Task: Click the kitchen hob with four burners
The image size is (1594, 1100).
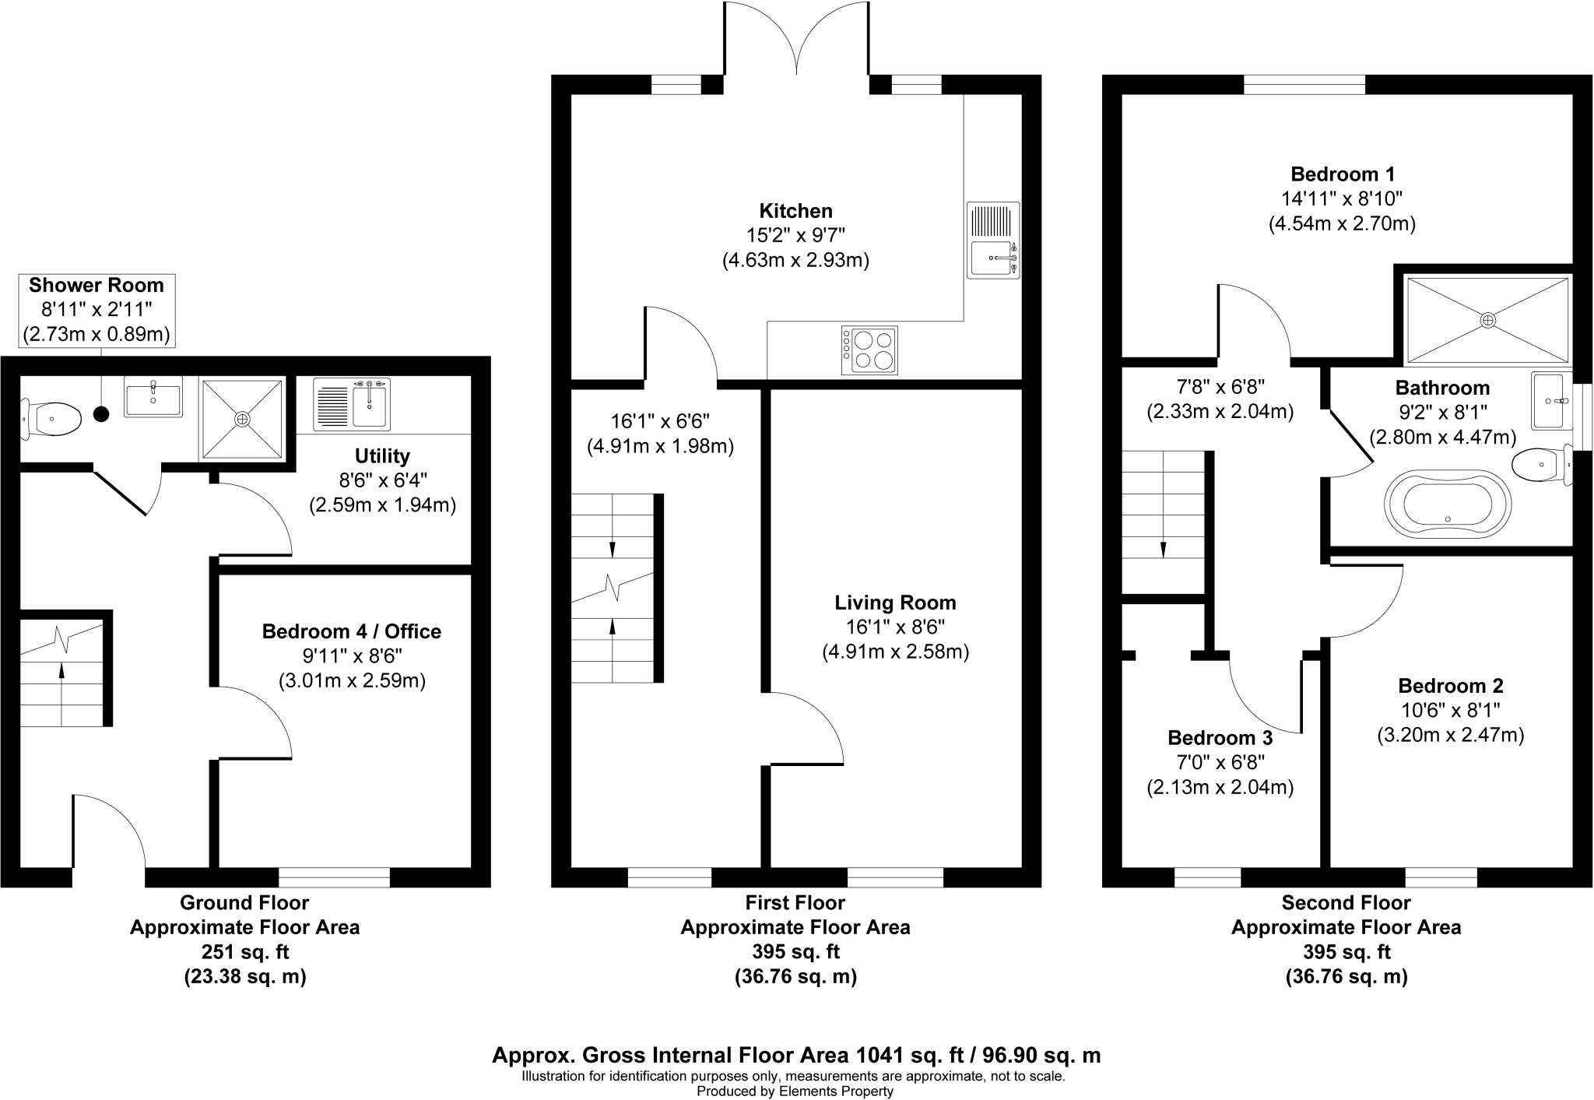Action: pyautogui.click(x=869, y=350)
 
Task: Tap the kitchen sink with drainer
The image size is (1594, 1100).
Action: pyautogui.click(x=993, y=240)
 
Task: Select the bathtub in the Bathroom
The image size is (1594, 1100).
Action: pyautogui.click(x=1448, y=504)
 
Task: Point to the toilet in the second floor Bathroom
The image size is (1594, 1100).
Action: pyautogui.click(x=1540, y=466)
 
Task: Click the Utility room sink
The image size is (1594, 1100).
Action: pyautogui.click(x=352, y=403)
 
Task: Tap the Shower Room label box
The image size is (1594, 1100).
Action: pyautogui.click(x=97, y=310)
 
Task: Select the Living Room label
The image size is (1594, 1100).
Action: pyautogui.click(x=895, y=602)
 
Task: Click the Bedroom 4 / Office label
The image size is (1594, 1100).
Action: pyautogui.click(x=351, y=631)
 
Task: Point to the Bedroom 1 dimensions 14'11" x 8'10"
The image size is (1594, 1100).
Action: pyautogui.click(x=1342, y=199)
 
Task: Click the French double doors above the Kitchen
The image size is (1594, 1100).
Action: pyautogui.click(x=797, y=39)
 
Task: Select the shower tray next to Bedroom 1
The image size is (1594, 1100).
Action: pyautogui.click(x=1487, y=320)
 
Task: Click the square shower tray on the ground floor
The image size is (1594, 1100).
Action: pyautogui.click(x=242, y=419)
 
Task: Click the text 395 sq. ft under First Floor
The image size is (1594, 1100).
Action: pyautogui.click(x=795, y=951)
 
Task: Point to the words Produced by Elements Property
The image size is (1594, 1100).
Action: pyautogui.click(x=795, y=1091)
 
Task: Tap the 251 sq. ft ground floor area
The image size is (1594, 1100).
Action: pyautogui.click(x=244, y=951)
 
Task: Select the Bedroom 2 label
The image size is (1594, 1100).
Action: pyautogui.click(x=1450, y=686)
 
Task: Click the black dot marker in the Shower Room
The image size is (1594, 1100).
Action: pyautogui.click(x=101, y=414)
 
